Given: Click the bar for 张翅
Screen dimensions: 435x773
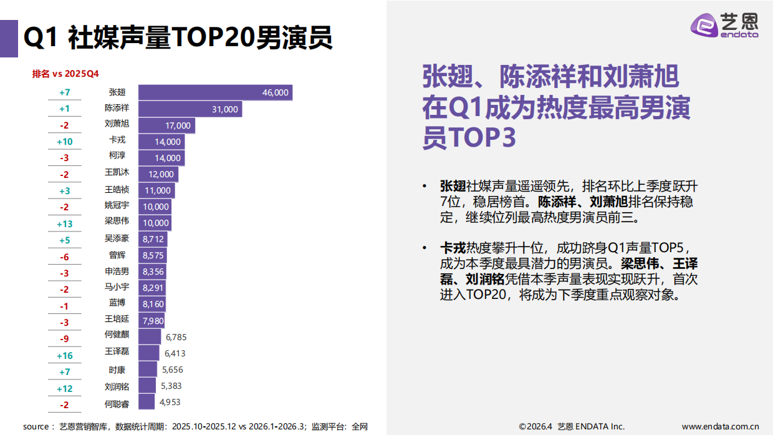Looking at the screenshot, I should pyautogui.click(x=215, y=92).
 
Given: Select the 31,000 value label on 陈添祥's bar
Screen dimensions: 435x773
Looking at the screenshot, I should pyautogui.click(x=225, y=109).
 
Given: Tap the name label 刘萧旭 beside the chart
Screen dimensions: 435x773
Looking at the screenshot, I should pyautogui.click(x=117, y=124).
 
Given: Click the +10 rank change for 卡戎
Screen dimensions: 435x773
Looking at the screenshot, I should pyautogui.click(x=65, y=142).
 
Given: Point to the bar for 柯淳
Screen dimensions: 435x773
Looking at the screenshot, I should pyautogui.click(x=161, y=158).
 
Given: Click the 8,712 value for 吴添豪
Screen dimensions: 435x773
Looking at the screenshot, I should pyautogui.click(x=153, y=239).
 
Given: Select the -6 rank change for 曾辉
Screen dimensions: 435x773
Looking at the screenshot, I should pyautogui.click(x=65, y=257).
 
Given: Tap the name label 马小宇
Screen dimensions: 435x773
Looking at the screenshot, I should pyautogui.click(x=117, y=287).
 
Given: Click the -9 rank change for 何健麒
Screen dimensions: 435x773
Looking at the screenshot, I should pyautogui.click(x=65, y=339).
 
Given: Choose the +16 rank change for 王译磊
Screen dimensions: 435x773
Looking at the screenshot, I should pyautogui.click(x=65, y=356).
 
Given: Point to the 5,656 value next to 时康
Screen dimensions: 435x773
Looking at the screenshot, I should pyautogui.click(x=173, y=369).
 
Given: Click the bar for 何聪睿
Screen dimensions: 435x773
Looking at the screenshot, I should pyautogui.click(x=146, y=402).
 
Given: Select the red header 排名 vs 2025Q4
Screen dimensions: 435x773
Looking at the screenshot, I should pyautogui.click(x=65, y=74).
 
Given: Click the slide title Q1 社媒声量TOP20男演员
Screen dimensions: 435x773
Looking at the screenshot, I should pyautogui.click(x=178, y=38).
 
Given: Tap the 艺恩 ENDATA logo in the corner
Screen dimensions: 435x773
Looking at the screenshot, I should pyautogui.click(x=724, y=26).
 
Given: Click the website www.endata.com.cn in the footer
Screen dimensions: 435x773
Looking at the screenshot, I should pyautogui.click(x=720, y=427).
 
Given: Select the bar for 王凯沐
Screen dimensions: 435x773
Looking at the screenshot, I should pyautogui.click(x=158, y=174).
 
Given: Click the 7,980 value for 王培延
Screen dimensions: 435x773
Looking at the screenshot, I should pyautogui.click(x=153, y=321).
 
